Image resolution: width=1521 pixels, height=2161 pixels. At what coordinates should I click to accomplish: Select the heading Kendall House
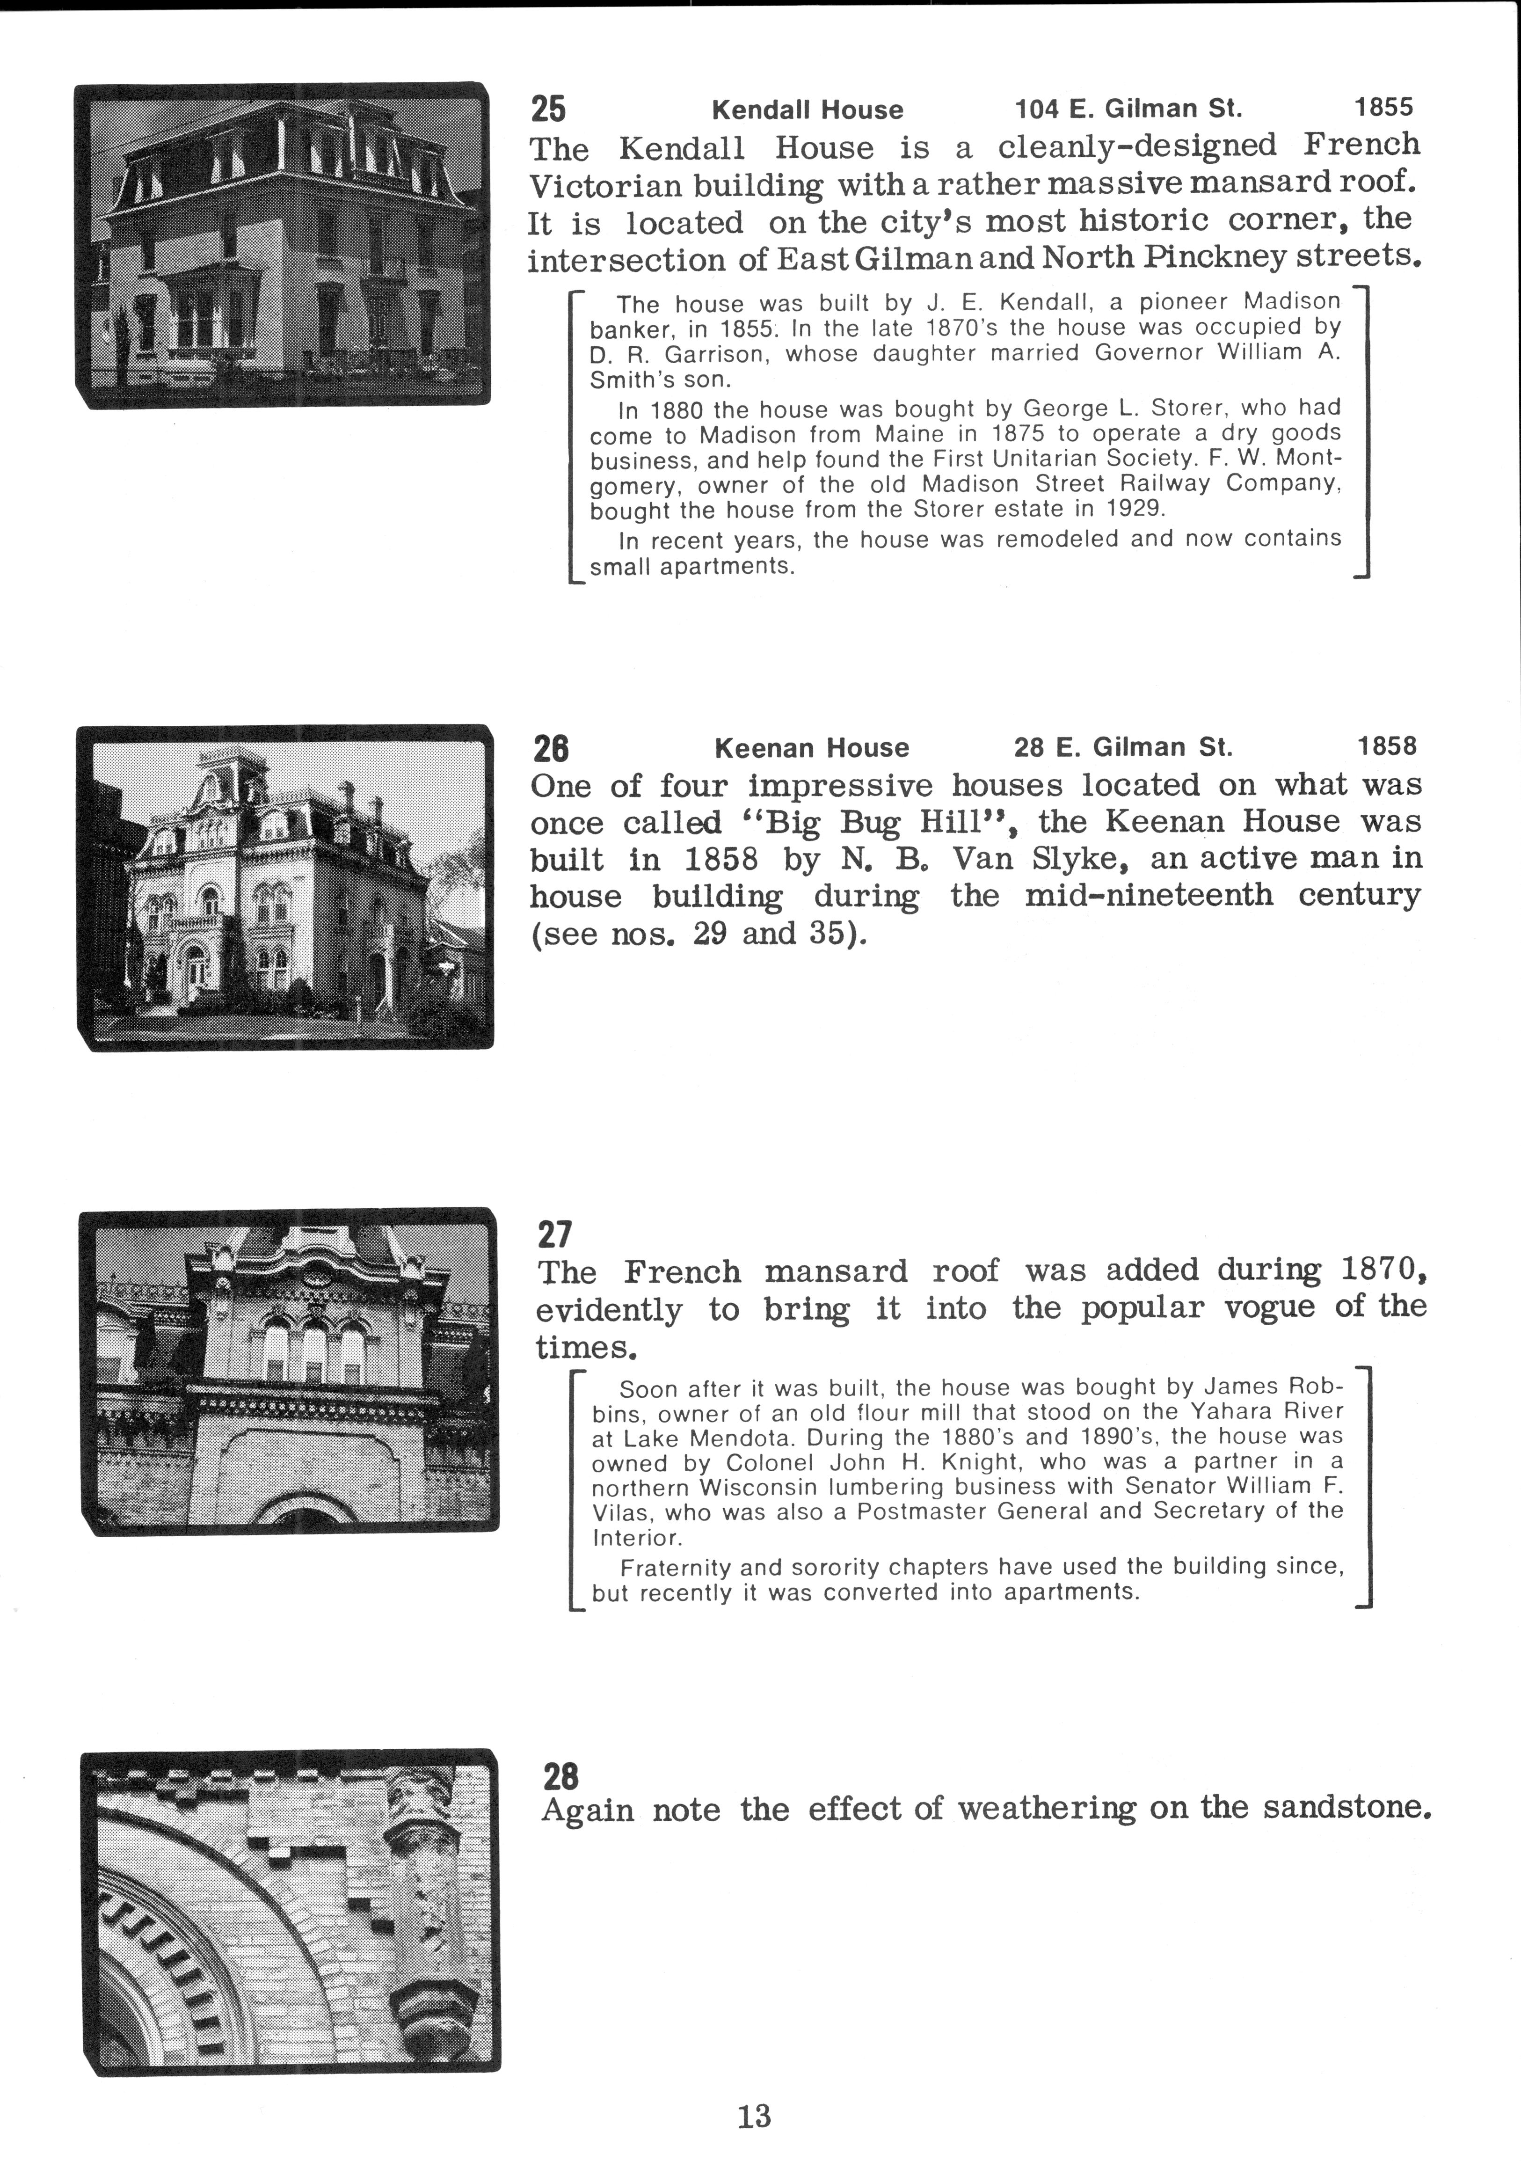click(x=807, y=110)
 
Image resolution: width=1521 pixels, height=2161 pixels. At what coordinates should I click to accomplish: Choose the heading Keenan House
click(x=811, y=748)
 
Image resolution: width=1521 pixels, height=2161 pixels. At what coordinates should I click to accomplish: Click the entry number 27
click(x=554, y=1233)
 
